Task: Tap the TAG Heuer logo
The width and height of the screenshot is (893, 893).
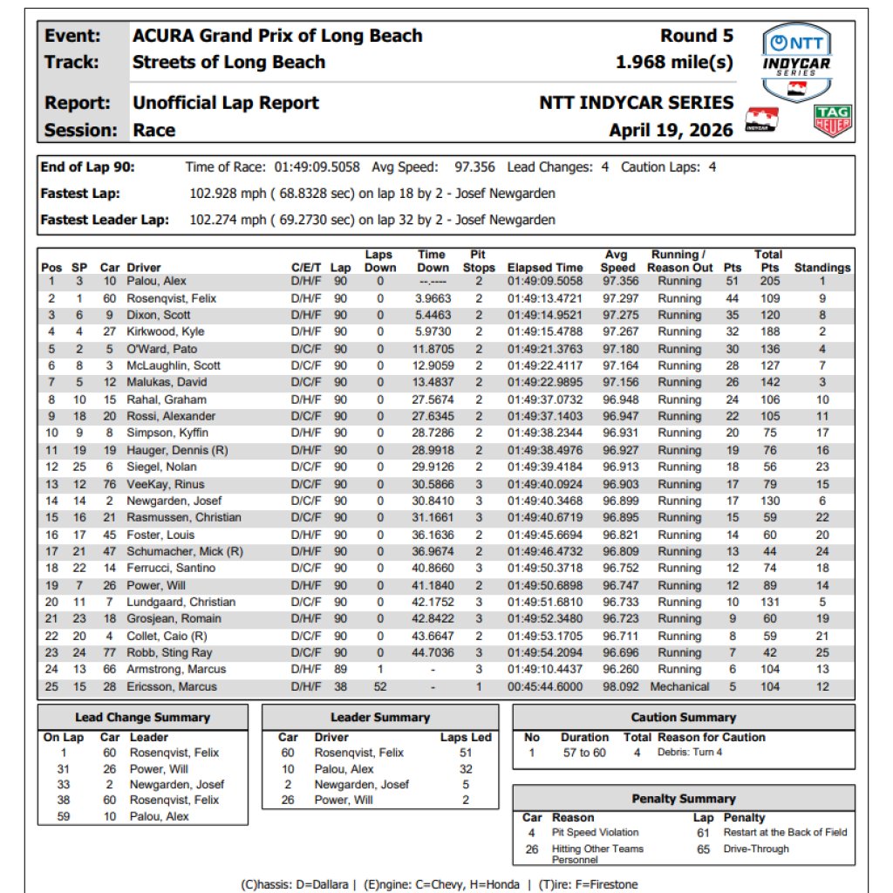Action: click(832, 122)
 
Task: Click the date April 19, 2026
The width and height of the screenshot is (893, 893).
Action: click(671, 131)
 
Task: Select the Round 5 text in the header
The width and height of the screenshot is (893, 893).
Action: click(697, 36)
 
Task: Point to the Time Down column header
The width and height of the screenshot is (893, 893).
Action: click(433, 261)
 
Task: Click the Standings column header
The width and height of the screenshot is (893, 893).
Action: click(821, 268)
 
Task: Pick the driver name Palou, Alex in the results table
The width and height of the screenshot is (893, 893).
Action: click(156, 282)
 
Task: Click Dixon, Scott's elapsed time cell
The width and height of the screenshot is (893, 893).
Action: click(545, 315)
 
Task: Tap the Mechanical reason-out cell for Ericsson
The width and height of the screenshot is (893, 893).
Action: click(679, 686)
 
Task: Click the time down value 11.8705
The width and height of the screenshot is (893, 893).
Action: click(433, 349)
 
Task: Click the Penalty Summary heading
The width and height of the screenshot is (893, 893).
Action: click(683, 799)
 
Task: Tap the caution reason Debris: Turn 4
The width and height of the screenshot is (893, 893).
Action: click(690, 753)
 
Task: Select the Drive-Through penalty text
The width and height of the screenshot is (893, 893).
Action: click(756, 849)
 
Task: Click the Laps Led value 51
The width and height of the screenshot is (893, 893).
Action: click(466, 753)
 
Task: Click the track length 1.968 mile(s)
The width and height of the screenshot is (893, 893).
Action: click(674, 62)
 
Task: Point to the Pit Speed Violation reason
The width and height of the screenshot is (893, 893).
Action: click(595, 833)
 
